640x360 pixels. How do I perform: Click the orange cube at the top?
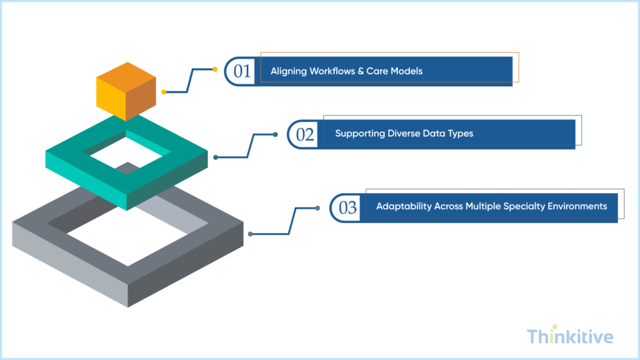pos(126,91)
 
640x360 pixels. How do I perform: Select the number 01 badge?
pos(241,71)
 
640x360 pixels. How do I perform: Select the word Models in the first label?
pos(407,71)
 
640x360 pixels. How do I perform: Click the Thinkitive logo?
pos(570,337)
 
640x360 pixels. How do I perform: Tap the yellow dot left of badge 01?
pos(215,69)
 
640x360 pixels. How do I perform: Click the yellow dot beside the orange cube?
pos(164,92)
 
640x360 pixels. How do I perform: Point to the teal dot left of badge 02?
pos(276,134)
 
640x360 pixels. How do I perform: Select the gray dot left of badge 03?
pos(318,208)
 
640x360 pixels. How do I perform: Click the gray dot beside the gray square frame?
pos(251,234)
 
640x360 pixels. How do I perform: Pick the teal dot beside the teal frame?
pos(216,157)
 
